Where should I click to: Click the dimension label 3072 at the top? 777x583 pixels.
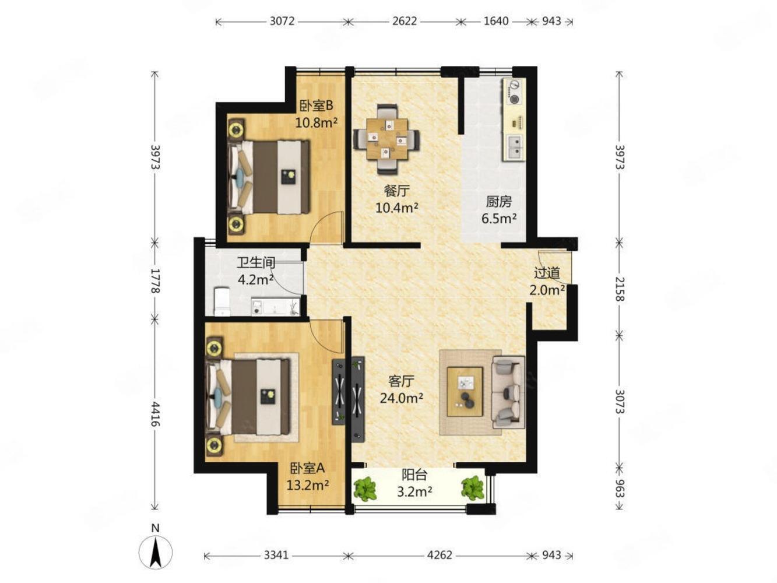tap(282, 21)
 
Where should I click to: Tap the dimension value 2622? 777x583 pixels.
tap(405, 21)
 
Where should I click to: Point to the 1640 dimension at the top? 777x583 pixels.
tap(495, 21)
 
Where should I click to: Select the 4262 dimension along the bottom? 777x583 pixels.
tap(440, 554)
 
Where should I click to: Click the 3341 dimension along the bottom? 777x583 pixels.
tap(276, 554)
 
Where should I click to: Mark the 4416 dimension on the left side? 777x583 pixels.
tap(155, 414)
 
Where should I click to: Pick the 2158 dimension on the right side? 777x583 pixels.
tap(620, 289)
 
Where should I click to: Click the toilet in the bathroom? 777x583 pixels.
tap(222, 301)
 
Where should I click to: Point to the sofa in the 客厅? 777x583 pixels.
tap(508, 392)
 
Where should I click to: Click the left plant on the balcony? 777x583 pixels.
tap(365, 489)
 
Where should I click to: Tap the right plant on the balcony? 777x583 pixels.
tap(472, 488)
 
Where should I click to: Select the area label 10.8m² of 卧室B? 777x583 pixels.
tap(316, 122)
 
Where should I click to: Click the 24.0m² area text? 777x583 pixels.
tap(401, 398)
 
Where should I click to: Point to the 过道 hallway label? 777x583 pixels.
tap(547, 273)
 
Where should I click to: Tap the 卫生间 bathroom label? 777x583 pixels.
tap(255, 263)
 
